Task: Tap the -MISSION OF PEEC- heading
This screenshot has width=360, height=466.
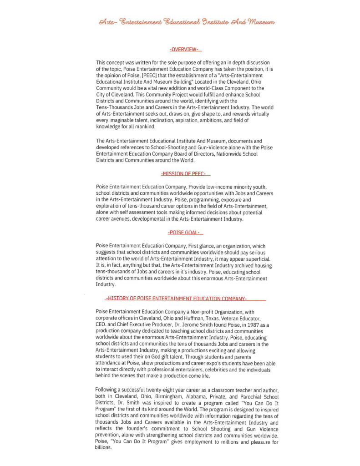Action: pos(184,174)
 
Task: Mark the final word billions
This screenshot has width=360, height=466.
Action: pos(103,447)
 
